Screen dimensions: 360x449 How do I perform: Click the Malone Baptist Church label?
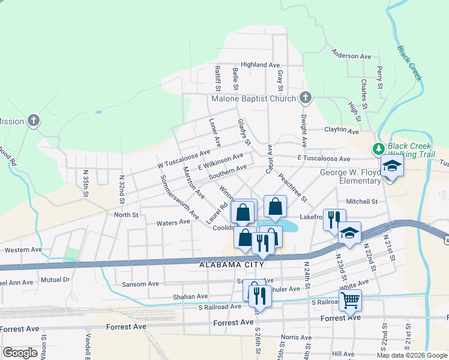[254, 98]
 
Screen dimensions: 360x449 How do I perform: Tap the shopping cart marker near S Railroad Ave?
[350, 299]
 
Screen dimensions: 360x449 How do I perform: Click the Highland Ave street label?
[260, 65]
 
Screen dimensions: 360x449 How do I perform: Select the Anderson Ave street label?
[351, 56]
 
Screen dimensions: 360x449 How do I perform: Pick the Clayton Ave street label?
[341, 130]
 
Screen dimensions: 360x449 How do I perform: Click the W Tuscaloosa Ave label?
[184, 158]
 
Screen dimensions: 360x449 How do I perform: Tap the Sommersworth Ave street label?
[179, 196]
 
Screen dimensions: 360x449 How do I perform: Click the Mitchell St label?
[361, 202]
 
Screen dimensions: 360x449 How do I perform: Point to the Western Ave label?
[23, 250]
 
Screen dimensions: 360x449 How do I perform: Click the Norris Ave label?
[297, 337]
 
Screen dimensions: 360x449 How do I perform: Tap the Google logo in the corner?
[20, 353]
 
